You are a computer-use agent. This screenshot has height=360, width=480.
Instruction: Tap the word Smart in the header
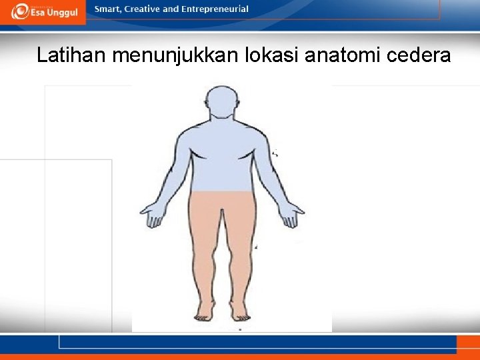click(x=108, y=9)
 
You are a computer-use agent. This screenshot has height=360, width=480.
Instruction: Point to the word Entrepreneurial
click(x=215, y=9)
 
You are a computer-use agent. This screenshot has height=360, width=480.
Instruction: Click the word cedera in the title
click(x=420, y=55)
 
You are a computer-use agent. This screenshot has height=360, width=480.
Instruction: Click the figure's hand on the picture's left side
click(x=151, y=215)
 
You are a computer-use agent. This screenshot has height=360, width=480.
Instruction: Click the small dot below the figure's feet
click(x=240, y=329)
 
